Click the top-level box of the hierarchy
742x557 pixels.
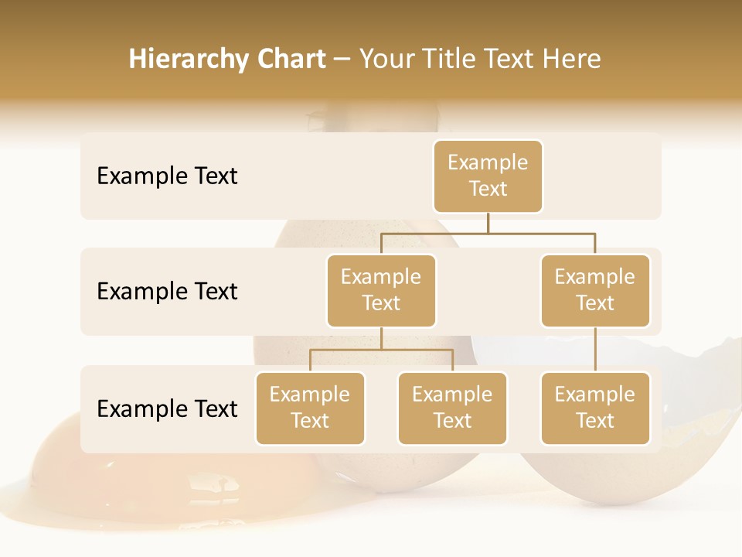[488, 176]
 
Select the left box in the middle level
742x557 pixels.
[381, 291]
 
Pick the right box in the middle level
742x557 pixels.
[595, 291]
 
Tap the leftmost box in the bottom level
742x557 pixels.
[310, 408]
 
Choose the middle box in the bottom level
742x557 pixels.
[452, 408]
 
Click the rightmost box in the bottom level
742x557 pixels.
[595, 408]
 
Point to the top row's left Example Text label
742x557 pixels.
[167, 176]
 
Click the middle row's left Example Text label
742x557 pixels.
[167, 292]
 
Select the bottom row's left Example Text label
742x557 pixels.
[167, 409]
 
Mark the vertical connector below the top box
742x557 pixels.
[488, 223]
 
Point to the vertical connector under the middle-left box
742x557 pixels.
[381, 338]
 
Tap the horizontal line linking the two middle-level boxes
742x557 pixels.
[488, 232]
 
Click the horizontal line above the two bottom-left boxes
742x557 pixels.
[381, 350]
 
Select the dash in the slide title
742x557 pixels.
[342, 60]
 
